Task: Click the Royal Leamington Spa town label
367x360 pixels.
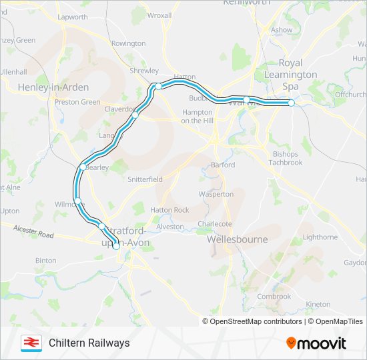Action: [290, 75]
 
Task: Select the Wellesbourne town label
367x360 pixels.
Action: [238, 239]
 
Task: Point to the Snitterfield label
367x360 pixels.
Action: [145, 179]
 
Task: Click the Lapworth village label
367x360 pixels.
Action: [73, 17]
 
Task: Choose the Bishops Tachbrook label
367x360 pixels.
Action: [286, 158]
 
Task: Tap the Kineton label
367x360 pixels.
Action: [318, 304]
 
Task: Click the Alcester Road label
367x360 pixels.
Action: [33, 231]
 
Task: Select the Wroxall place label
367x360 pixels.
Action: [159, 15]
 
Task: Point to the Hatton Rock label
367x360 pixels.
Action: [169, 210]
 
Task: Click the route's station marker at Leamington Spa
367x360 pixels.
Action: [292, 103]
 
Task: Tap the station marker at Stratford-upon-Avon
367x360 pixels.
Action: [116, 246]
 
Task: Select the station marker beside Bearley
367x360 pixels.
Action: [83, 167]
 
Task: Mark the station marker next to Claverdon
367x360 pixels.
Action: [135, 115]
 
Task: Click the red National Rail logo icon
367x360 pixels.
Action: [30, 343]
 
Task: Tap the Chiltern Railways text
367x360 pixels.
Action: [89, 343]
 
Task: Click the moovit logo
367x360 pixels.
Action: [316, 343]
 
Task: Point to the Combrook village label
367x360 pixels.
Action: [274, 297]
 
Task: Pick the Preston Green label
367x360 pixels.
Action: [77, 102]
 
